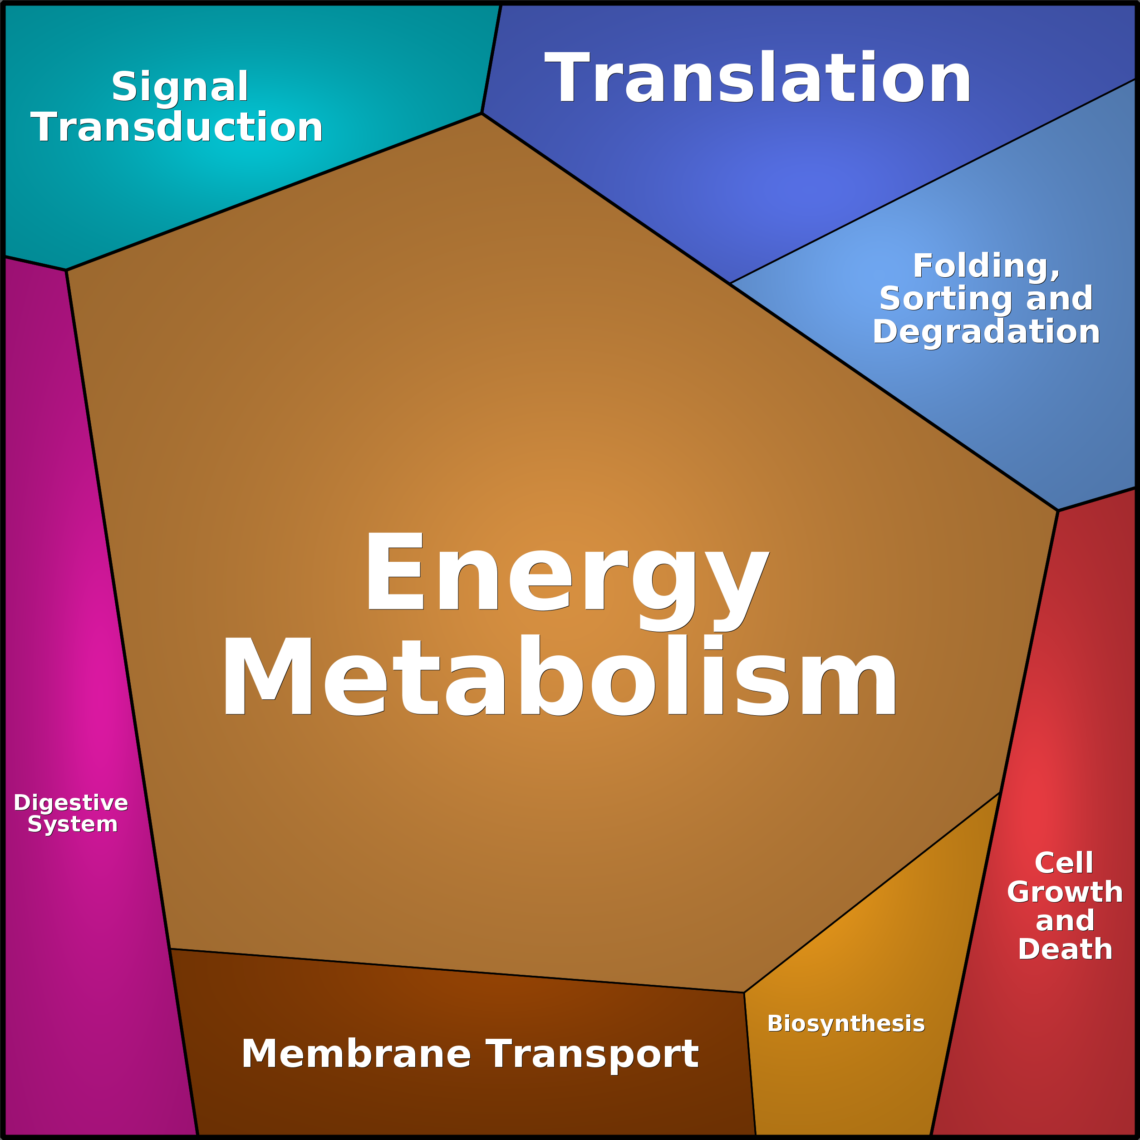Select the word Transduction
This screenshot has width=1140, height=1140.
177,127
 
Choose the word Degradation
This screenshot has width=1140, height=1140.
987,332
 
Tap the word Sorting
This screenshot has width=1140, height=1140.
948,299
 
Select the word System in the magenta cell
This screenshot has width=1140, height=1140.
73,824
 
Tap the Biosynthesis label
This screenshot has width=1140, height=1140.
846,1024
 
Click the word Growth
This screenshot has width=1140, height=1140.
1065,892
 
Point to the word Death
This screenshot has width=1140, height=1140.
1065,949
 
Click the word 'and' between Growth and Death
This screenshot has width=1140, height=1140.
1065,921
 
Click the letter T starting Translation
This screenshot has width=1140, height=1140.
567,77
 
